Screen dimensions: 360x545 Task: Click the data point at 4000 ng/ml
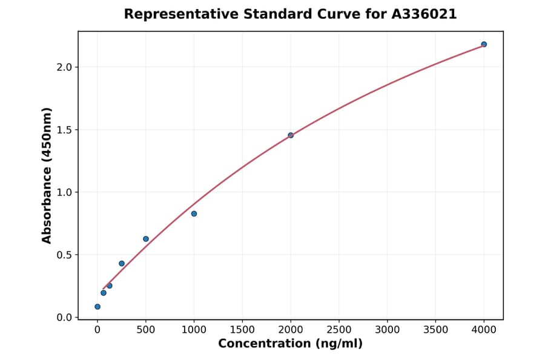click(484, 44)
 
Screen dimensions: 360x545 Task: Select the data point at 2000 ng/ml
click(291, 135)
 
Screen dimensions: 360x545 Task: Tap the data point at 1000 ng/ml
click(194, 213)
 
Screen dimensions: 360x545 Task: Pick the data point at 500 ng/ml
click(146, 239)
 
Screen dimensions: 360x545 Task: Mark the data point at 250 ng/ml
click(122, 264)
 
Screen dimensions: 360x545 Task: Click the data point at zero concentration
click(97, 307)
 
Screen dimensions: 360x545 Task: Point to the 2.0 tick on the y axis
click(64, 67)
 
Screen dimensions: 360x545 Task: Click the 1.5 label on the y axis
click(64, 130)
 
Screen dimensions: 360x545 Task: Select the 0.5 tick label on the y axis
click(64, 255)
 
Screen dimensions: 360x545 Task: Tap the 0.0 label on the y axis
click(64, 318)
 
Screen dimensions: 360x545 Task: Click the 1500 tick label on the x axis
click(242, 330)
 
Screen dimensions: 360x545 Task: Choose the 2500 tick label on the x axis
click(339, 330)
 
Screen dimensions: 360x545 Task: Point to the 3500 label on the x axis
click(436, 330)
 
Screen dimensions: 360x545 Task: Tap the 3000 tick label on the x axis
click(388, 330)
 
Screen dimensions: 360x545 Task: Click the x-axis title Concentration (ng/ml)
click(291, 344)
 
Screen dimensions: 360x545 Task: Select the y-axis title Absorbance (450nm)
click(47, 176)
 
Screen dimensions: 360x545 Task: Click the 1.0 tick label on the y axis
click(64, 192)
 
